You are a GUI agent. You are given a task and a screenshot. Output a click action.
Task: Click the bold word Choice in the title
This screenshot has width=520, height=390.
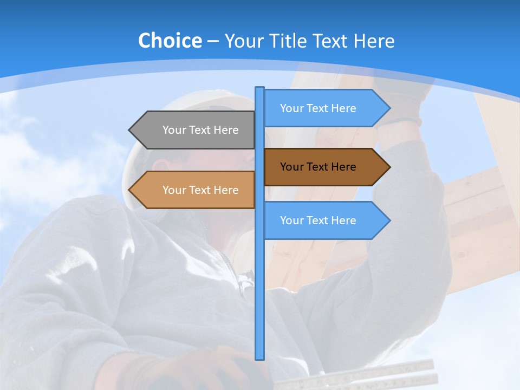point(170,41)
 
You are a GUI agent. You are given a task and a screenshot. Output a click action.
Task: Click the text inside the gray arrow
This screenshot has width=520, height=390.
point(200,130)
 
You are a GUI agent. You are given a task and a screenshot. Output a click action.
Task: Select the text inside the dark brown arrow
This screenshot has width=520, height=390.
point(318,167)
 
